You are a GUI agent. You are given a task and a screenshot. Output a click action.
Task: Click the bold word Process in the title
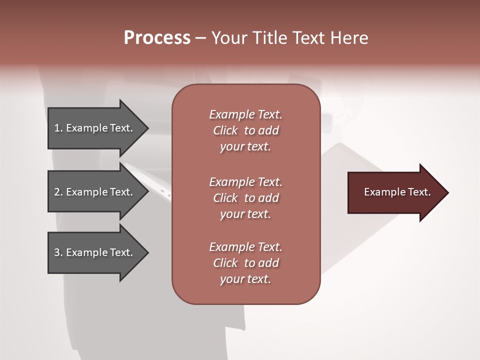pyautogui.click(x=157, y=38)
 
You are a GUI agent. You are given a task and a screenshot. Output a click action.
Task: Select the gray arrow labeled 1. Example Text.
pyautogui.click(x=95, y=128)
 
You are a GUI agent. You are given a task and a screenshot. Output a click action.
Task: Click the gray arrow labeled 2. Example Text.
pyautogui.click(x=95, y=192)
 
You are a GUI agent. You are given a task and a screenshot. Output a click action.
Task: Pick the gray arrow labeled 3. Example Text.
pyautogui.click(x=95, y=252)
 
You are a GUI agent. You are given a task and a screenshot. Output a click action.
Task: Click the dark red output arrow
pyautogui.click(x=395, y=192)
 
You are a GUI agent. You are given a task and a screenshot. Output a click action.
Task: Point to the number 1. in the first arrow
pyautogui.click(x=58, y=128)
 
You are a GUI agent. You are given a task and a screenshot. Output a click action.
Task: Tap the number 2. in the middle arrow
pyautogui.click(x=58, y=192)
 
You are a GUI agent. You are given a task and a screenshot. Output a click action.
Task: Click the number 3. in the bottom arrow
pyautogui.click(x=58, y=252)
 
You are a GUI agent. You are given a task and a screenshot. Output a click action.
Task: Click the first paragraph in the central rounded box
pyautogui.click(x=245, y=130)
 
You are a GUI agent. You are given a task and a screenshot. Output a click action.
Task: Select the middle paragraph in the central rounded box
pyautogui.click(x=245, y=198)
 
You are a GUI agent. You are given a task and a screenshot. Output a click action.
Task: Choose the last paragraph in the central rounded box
pyautogui.click(x=245, y=263)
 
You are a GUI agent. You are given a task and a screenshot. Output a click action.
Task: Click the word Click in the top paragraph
pyautogui.click(x=225, y=130)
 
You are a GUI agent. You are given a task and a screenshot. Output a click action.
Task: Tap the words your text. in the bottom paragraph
pyautogui.click(x=245, y=279)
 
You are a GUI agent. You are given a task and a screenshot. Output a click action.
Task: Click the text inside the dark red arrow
pyautogui.click(x=397, y=192)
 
